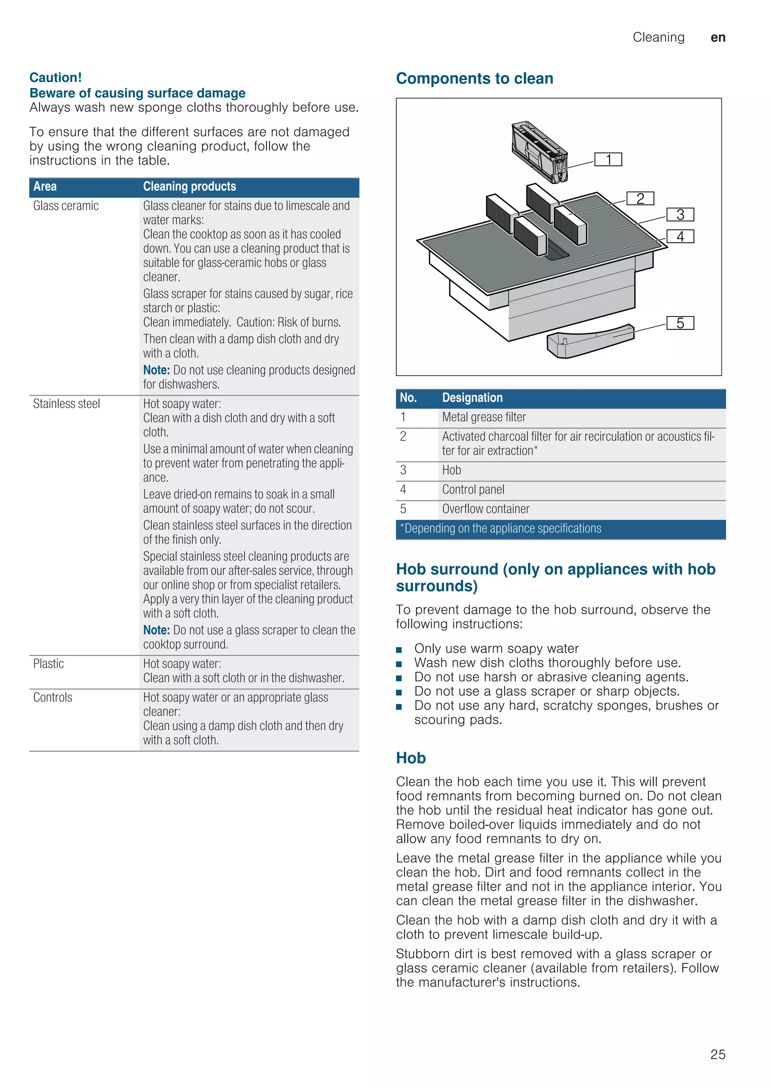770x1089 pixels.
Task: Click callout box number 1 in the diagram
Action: pos(608,159)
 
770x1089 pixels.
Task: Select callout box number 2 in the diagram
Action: pos(640,198)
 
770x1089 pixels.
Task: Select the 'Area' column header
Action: pos(45,187)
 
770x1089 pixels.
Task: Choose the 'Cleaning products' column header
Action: pos(189,187)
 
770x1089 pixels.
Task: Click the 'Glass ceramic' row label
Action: pos(66,206)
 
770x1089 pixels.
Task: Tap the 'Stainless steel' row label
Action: pos(67,403)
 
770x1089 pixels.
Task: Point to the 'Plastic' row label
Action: pos(49,664)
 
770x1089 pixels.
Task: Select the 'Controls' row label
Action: pos(53,698)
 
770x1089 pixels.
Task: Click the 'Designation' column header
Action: pos(472,398)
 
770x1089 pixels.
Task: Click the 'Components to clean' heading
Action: pos(474,78)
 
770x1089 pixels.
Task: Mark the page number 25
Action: pos(717,1054)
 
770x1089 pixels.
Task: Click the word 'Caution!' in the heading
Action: pos(56,77)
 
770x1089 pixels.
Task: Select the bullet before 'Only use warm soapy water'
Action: pos(399,650)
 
